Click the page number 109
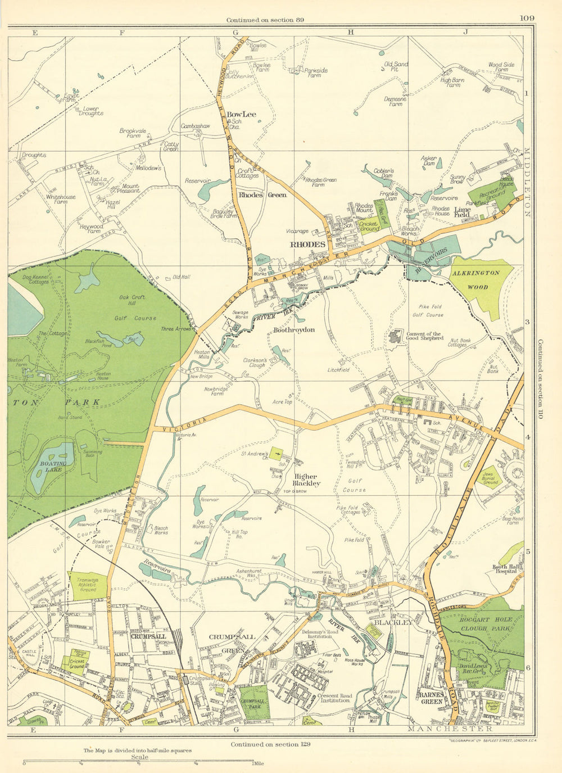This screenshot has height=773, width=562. tap(527, 18)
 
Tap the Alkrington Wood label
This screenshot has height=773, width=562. tap(475, 279)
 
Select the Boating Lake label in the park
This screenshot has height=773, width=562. tap(53, 467)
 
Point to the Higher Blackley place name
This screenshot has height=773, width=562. tap(307, 480)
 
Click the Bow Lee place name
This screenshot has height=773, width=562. tap(241, 114)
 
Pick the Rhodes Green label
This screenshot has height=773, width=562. tap(262, 195)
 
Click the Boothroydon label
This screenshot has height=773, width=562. tap(294, 329)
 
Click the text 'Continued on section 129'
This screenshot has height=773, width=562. tap(270, 744)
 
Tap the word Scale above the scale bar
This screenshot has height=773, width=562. tap(139, 757)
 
